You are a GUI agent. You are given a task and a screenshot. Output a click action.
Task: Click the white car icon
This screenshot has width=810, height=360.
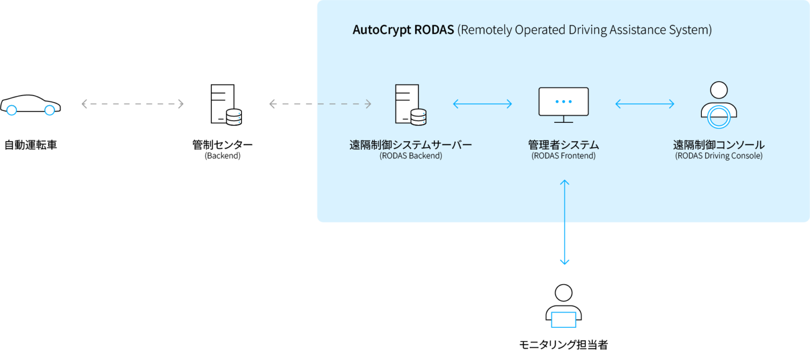tap(30, 105)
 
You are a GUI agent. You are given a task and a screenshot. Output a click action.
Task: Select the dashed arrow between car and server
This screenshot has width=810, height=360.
tap(132, 104)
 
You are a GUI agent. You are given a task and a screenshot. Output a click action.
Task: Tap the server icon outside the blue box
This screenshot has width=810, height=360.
tap(225, 105)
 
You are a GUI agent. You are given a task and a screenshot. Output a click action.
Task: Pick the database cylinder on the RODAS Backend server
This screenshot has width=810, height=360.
tap(418, 117)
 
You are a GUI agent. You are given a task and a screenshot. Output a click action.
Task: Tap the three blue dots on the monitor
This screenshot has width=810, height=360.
tap(563, 101)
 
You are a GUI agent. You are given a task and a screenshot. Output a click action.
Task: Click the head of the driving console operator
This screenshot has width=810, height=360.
tap(718, 90)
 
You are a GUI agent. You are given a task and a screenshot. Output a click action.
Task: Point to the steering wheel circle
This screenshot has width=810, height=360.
tap(718, 116)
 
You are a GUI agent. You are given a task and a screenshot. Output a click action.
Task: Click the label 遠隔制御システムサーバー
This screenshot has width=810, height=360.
tap(410, 145)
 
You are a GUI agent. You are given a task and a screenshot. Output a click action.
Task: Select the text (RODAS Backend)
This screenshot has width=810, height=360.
tap(410, 156)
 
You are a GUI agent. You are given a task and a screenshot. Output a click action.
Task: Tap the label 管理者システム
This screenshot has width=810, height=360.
tap(563, 145)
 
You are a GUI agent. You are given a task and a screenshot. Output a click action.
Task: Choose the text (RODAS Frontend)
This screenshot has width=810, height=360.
tap(563, 156)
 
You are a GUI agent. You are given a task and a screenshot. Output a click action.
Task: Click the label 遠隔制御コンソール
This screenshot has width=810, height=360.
tap(718, 145)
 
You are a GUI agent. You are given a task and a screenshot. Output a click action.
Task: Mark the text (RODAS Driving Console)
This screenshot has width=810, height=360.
tap(718, 156)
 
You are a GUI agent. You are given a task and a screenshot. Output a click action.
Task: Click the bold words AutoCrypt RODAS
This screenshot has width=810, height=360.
tap(403, 30)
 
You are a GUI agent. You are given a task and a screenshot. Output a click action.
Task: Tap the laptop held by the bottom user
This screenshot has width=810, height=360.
tap(563, 319)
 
